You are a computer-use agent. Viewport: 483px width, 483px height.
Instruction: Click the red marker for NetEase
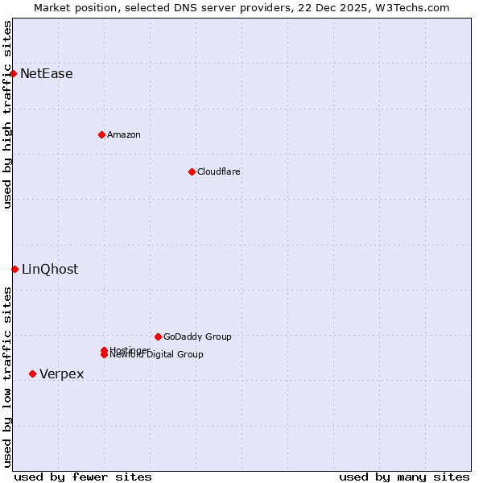pos(13,73)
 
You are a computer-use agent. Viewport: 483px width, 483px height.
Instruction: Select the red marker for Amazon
pos(101,134)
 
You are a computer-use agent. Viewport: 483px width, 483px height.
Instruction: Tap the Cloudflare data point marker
pos(192,171)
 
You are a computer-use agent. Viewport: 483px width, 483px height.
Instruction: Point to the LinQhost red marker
pos(14,269)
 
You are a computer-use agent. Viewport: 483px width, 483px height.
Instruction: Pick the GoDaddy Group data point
pos(158,336)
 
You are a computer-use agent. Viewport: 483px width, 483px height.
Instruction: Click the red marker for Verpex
pos(32,374)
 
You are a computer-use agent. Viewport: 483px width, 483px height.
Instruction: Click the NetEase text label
pos(47,74)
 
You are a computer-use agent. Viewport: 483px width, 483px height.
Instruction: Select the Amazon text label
pos(124,134)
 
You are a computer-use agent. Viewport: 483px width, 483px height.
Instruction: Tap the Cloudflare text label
pos(219,171)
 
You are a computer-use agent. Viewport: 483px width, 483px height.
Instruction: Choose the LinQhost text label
pos(50,270)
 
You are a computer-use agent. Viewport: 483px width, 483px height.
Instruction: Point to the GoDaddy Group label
pos(197,336)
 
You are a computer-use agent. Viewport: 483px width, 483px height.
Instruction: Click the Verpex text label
pos(62,374)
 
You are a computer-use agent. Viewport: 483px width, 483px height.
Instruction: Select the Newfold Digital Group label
pos(158,355)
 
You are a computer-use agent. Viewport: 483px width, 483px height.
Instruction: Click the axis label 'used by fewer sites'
pos(83,477)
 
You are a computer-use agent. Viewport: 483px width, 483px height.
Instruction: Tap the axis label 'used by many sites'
pos(404,477)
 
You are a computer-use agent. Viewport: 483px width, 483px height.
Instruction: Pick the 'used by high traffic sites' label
pos(7,114)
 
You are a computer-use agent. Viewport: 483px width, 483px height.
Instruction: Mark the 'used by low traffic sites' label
pos(7,377)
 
